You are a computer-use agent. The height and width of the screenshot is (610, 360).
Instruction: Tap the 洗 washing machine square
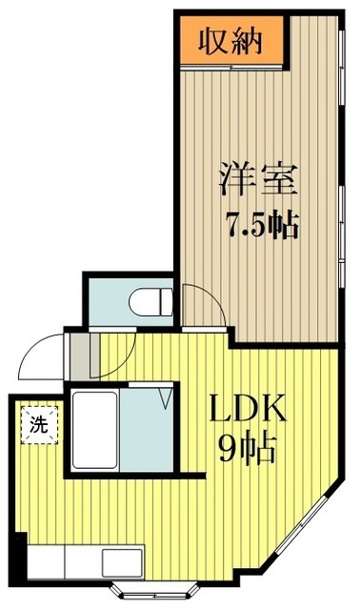click(37, 420)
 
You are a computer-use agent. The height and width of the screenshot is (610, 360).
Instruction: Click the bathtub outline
click(94, 428)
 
